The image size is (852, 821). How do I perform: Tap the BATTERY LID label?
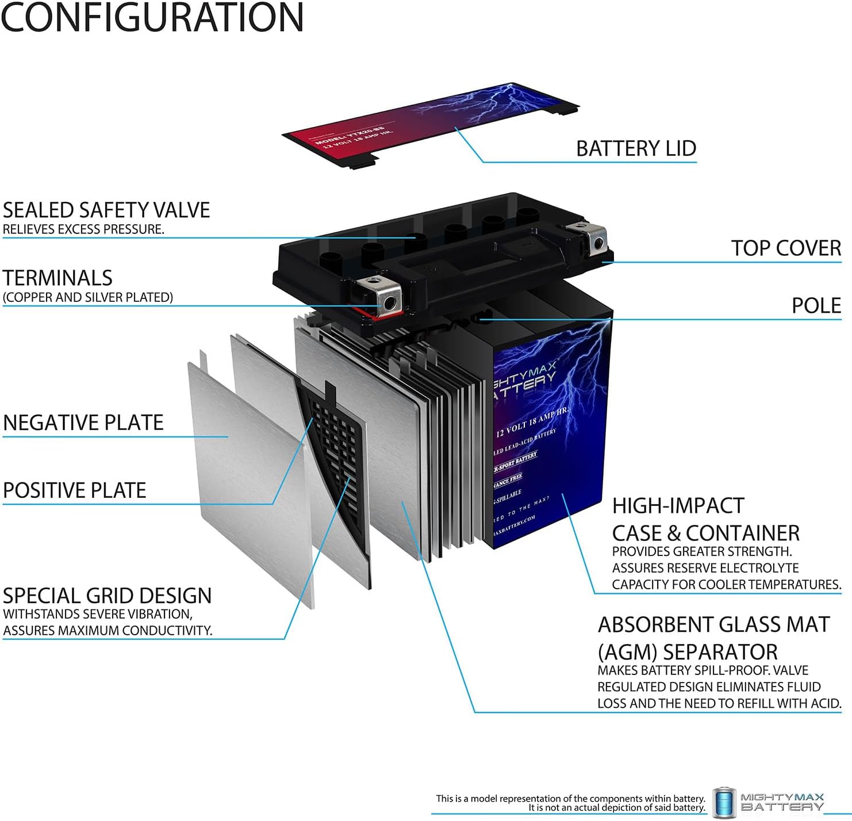[636, 148]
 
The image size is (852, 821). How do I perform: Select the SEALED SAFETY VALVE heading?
[106, 210]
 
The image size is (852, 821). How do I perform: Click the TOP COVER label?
[786, 248]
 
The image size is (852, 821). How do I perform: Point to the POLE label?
[816, 305]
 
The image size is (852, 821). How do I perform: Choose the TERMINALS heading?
[57, 278]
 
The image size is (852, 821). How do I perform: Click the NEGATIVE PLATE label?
[83, 423]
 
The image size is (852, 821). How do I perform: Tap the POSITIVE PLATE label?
[75, 490]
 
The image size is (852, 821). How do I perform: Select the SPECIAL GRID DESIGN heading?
[108, 596]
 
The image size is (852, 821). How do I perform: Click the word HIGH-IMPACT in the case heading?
[678, 506]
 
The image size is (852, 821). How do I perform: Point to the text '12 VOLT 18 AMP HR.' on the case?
[532, 423]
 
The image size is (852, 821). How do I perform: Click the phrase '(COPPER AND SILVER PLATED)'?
[88, 297]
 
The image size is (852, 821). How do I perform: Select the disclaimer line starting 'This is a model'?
[570, 799]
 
